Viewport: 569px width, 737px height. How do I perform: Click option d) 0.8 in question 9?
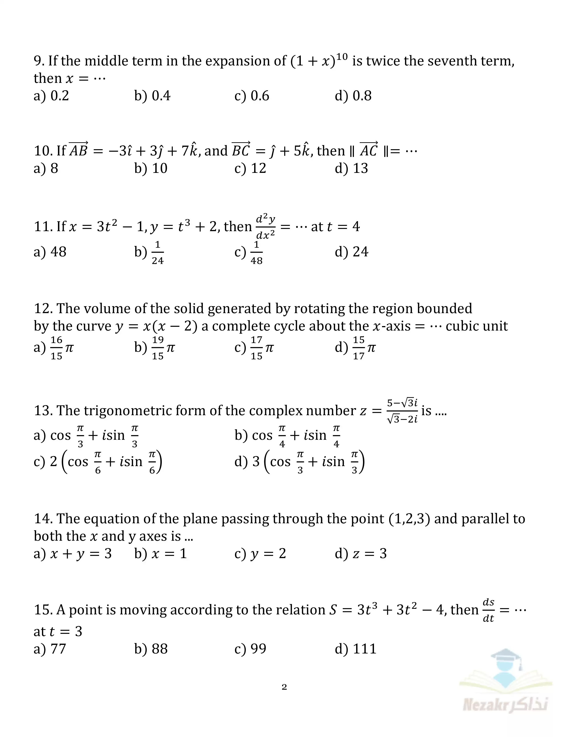(x=353, y=96)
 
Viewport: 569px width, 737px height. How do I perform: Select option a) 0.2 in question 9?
(x=51, y=96)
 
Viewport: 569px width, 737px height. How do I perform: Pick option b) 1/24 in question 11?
(x=149, y=252)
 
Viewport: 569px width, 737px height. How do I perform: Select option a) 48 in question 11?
(x=50, y=252)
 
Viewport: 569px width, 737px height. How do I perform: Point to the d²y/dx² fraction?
(x=266, y=226)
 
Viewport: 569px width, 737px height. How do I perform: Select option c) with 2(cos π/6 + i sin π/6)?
(x=98, y=462)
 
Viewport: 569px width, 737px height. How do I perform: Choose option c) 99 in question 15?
(x=250, y=649)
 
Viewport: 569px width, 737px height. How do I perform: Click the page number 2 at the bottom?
(x=284, y=687)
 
